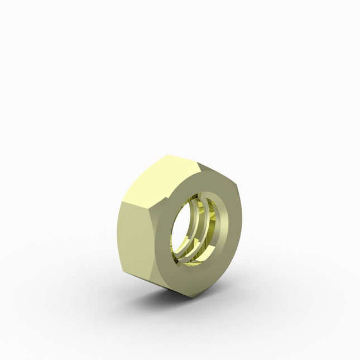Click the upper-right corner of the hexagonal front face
pos(238,185)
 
